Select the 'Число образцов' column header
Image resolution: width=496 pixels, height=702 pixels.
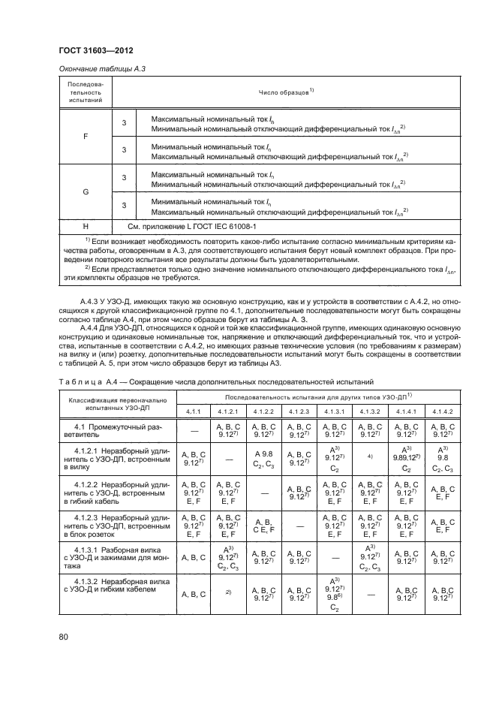click(x=281, y=96)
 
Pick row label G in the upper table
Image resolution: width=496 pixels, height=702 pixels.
click(x=85, y=192)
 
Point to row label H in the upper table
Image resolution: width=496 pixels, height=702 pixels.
click(x=85, y=225)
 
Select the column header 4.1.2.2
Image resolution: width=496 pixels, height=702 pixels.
click(x=266, y=411)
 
